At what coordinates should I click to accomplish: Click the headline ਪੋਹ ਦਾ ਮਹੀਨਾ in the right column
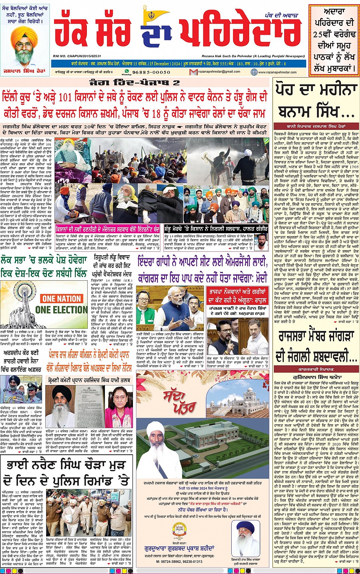click(316, 91)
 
